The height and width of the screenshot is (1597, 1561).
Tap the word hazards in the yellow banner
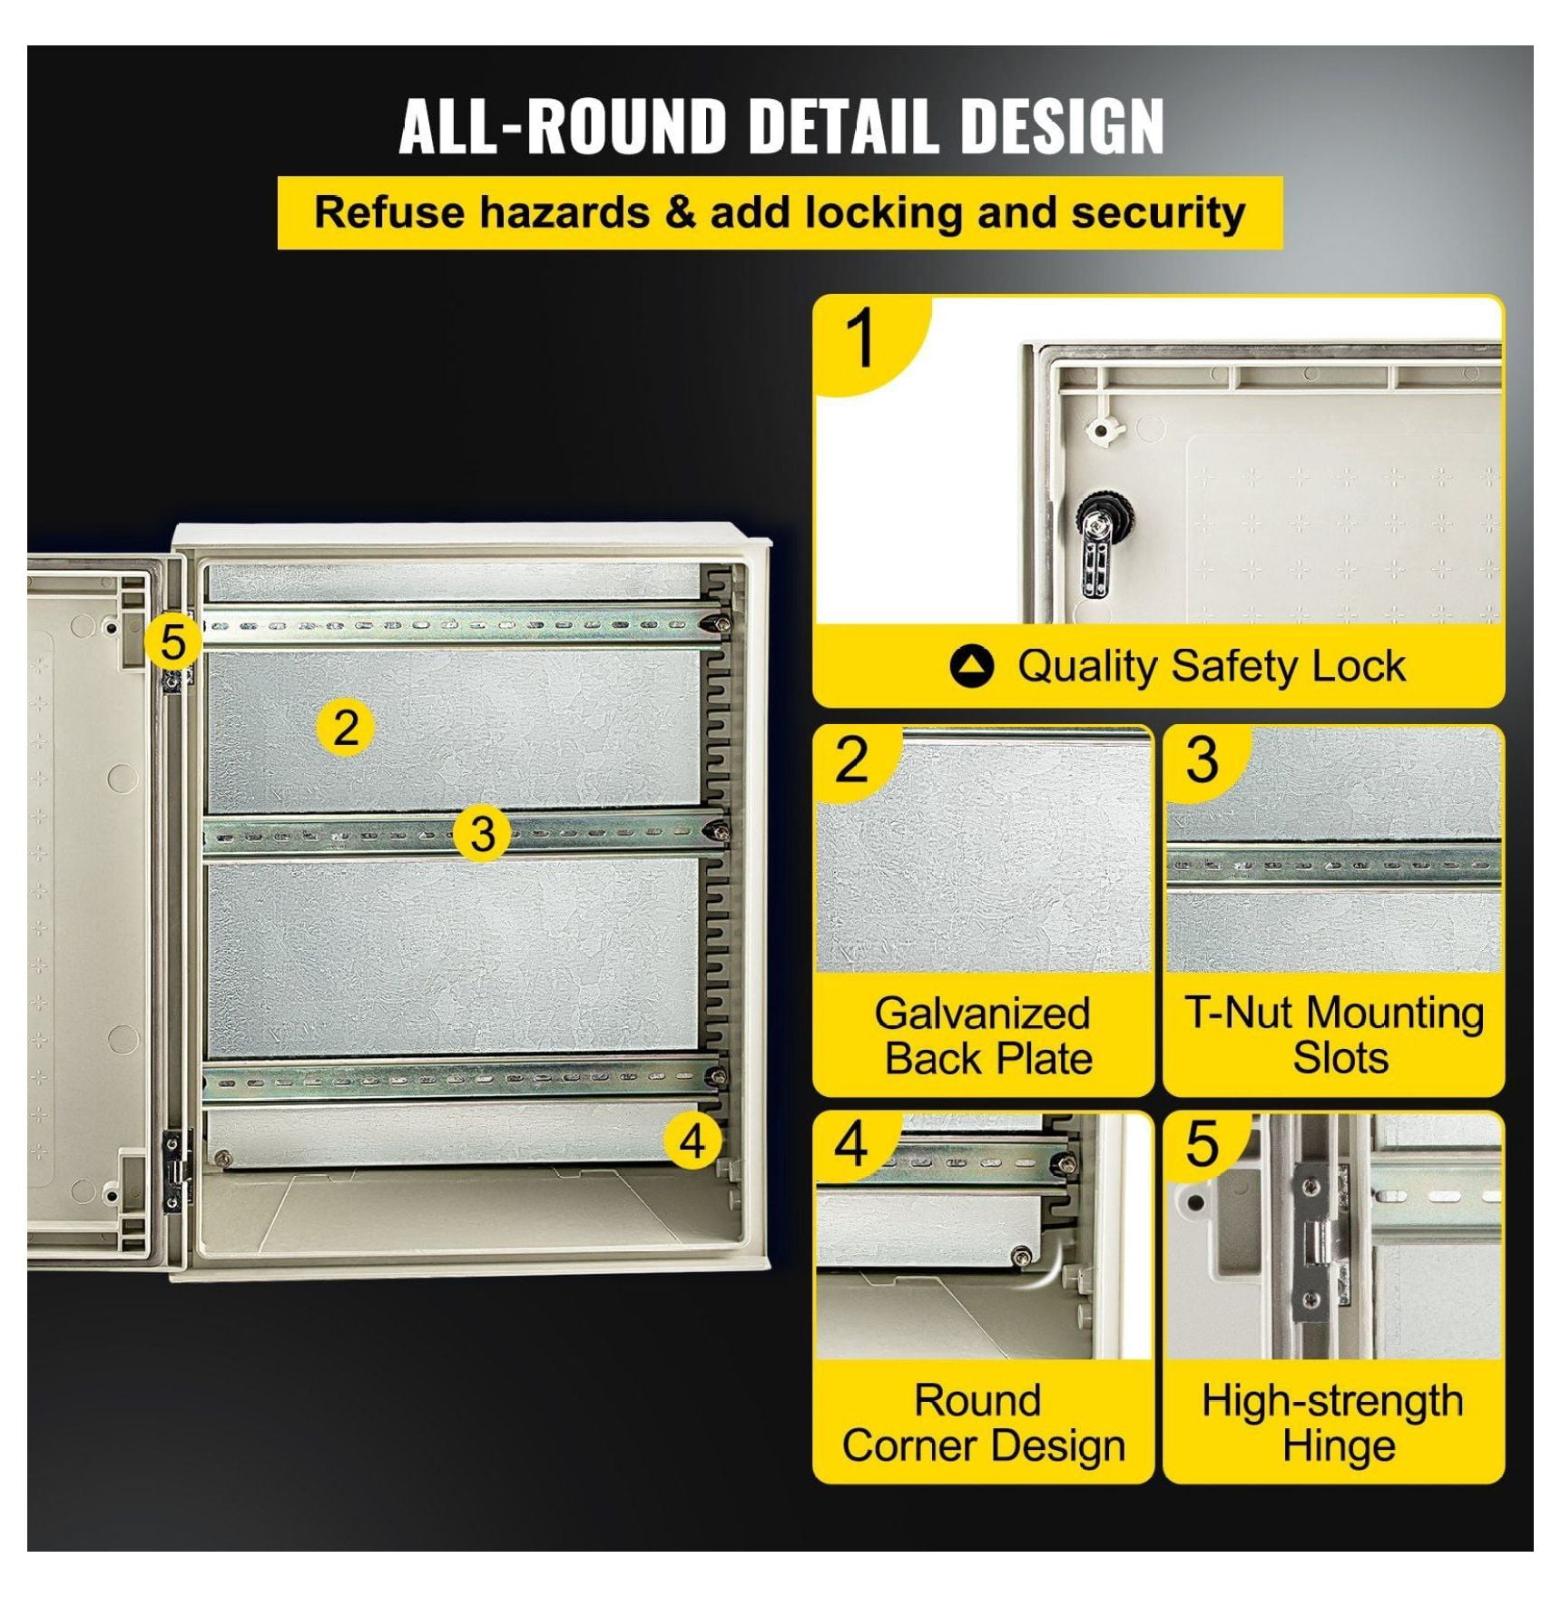click(x=565, y=213)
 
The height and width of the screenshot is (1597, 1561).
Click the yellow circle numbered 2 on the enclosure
click(x=345, y=728)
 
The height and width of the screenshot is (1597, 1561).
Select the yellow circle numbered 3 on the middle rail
click(x=483, y=832)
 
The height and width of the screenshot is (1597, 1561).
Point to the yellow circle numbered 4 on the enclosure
click(x=692, y=1141)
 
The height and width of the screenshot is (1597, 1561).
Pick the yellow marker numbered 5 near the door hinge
click(x=172, y=642)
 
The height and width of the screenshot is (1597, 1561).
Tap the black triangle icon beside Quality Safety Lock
click(x=972, y=666)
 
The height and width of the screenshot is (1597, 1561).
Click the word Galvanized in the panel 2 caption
click(x=982, y=1013)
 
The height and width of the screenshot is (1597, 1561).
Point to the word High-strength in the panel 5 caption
click(x=1332, y=1402)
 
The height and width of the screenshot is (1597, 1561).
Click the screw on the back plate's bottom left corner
click(x=222, y=1157)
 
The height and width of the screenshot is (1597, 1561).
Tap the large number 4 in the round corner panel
click(x=851, y=1144)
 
